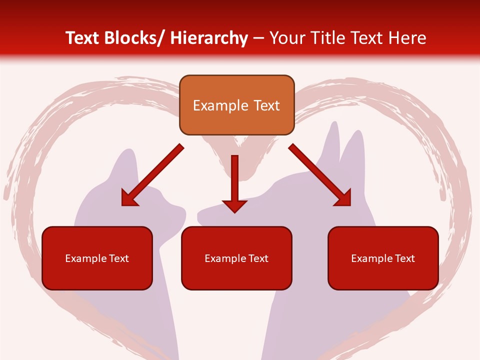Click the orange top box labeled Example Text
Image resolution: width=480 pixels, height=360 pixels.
pos(236,105)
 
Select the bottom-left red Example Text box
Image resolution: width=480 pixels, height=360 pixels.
pos(97,258)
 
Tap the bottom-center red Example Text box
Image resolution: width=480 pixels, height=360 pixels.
pos(236,258)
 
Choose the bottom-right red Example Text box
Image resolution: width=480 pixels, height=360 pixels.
pos(383,258)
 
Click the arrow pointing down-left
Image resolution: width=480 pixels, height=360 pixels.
pos(152,175)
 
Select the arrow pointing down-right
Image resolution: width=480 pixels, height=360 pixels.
pos(320,175)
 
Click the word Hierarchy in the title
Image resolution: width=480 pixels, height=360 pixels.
pos(208,38)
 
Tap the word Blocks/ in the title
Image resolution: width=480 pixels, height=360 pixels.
pos(135,38)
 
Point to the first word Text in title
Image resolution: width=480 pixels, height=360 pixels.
pos(83,38)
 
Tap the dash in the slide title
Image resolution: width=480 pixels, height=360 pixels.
pos(258,38)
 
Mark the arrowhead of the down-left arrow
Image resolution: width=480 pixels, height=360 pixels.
pos(129,198)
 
